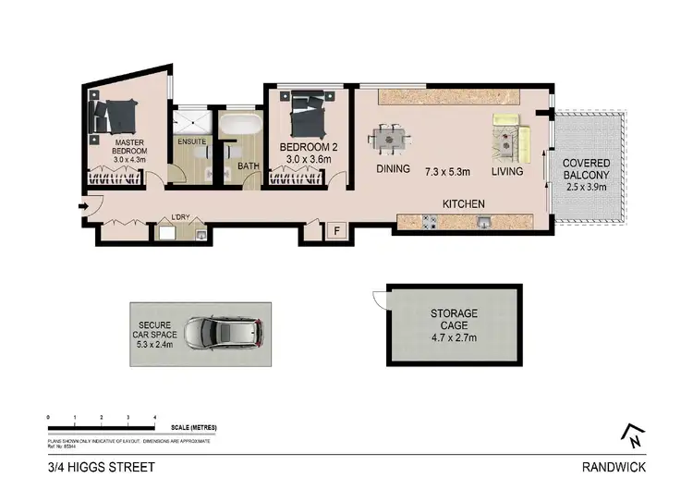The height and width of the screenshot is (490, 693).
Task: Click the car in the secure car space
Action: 223,331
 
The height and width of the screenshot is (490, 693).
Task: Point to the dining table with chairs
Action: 388,140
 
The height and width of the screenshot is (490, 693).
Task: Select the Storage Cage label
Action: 455,320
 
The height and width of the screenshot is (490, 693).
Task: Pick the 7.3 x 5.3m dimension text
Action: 447,171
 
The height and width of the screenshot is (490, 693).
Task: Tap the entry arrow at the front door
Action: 84,206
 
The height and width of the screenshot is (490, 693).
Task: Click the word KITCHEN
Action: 464,203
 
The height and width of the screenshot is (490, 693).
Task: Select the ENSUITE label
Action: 191,141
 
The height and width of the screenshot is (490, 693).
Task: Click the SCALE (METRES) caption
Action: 193,428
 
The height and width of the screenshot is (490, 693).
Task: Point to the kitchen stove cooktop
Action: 429,222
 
